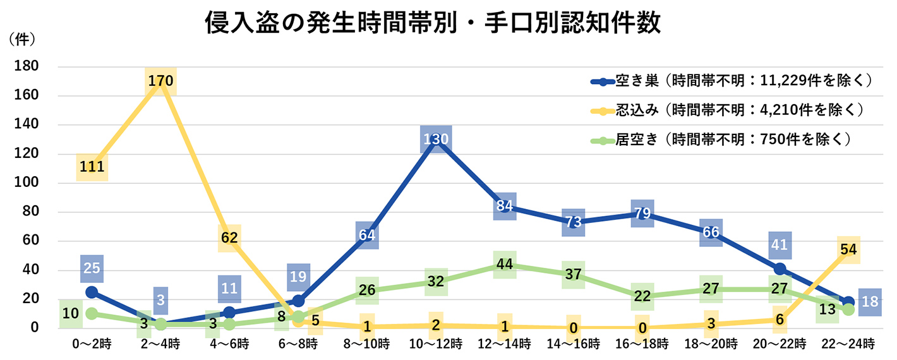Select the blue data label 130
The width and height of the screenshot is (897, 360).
tap(436, 139)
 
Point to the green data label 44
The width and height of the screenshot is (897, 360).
tap(505, 265)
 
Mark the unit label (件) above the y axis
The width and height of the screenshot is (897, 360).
tap(22, 39)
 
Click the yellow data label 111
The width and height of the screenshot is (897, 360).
tap(92, 167)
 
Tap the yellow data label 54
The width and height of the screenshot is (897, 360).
tap(848, 249)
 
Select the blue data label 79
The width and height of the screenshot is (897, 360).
tap(642, 213)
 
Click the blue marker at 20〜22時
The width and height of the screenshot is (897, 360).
tap(780, 269)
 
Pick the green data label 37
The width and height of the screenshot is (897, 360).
tap(574, 275)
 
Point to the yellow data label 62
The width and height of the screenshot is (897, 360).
tap(229, 238)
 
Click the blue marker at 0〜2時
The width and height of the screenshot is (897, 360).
tap(92, 292)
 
